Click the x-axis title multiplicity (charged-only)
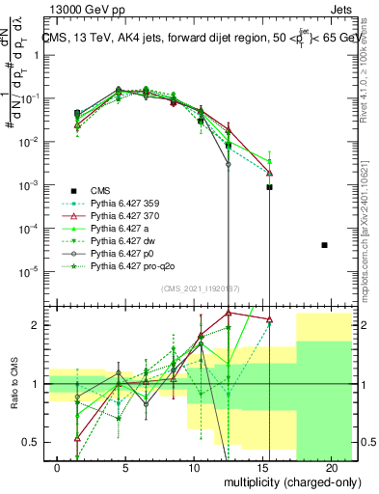click(x=289, y=483)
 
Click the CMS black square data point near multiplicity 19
click(x=324, y=245)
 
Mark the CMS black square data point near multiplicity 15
click(x=270, y=187)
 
